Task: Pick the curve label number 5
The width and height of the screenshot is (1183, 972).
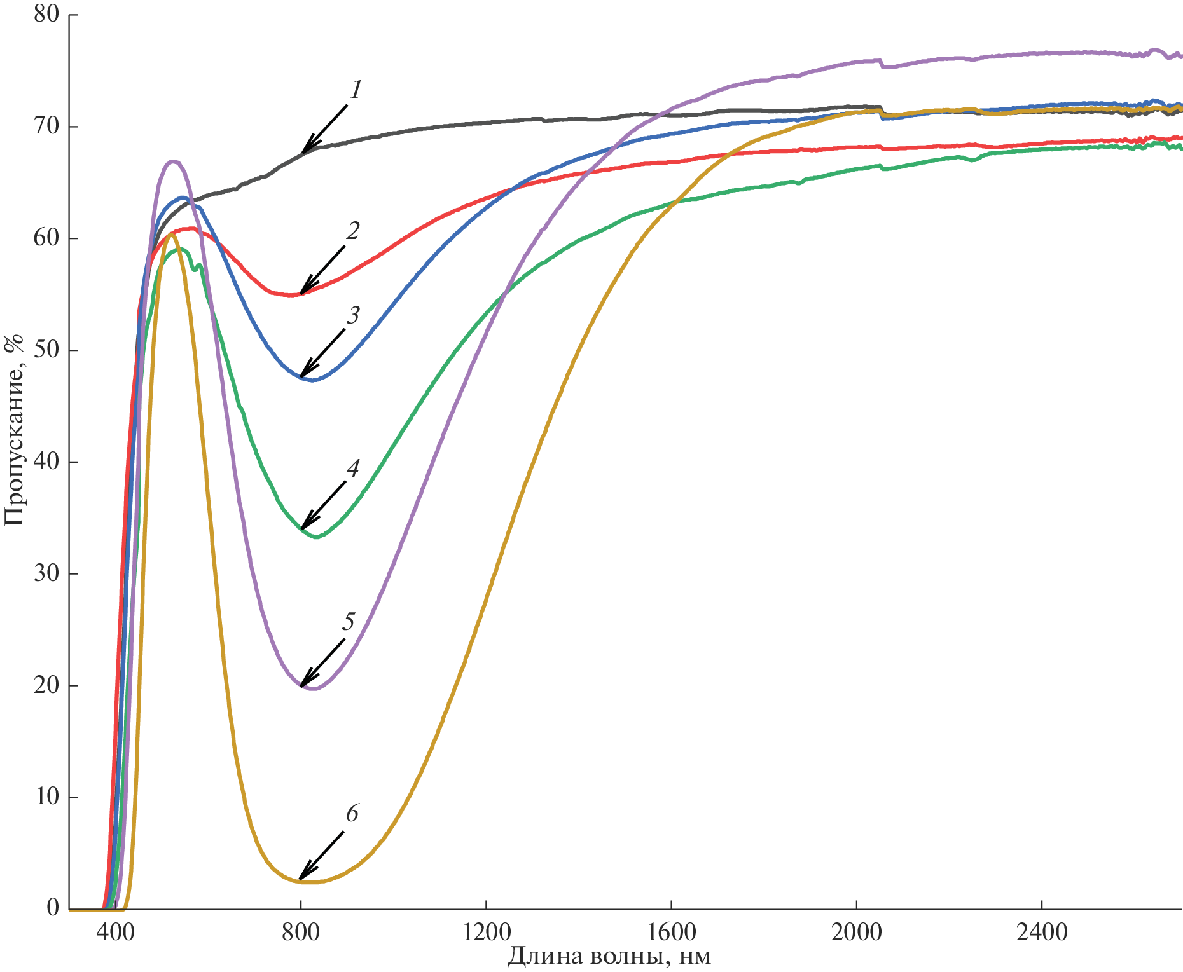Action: coord(348,622)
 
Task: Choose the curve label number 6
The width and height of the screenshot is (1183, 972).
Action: coord(352,814)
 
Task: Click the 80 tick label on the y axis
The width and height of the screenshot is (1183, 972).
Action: coord(46,15)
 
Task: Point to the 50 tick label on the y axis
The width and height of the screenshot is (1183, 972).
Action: coord(46,350)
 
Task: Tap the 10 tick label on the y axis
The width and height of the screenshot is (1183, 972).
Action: coord(46,797)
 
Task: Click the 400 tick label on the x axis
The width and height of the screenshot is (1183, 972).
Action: coord(115,933)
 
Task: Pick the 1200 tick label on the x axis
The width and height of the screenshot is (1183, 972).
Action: coord(487,933)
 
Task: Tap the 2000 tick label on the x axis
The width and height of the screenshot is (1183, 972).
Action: coord(857,933)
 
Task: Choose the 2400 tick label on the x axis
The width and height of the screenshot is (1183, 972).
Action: coord(1042,933)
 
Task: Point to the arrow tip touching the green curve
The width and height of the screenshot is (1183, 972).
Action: coord(302,528)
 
